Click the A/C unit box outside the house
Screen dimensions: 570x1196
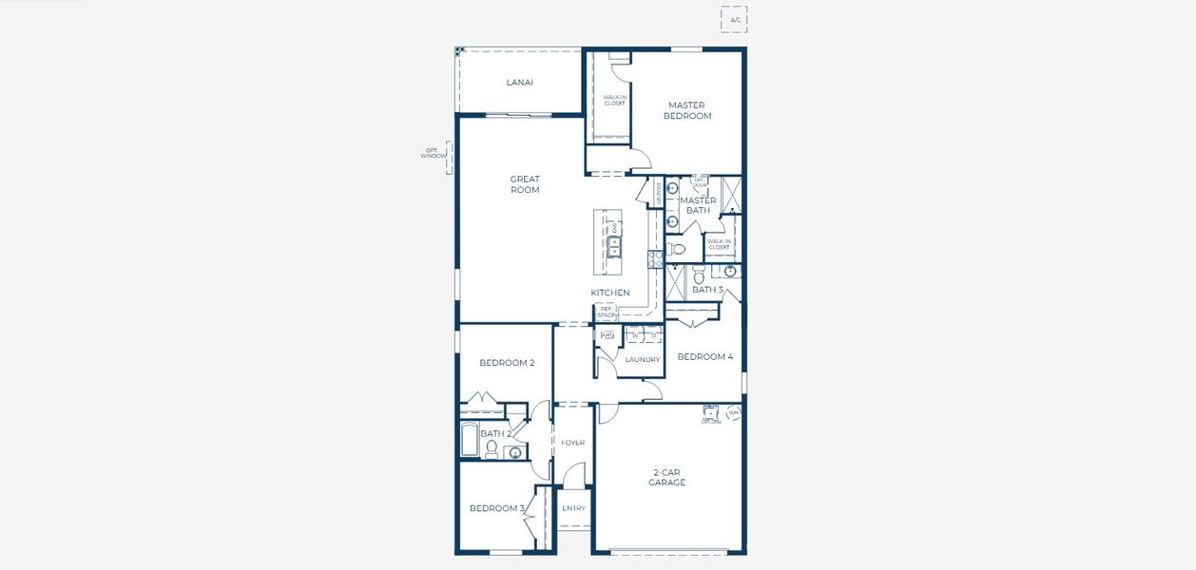coord(733,19)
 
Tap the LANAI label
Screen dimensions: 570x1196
coord(519,83)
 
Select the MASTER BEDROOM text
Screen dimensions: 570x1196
coord(686,111)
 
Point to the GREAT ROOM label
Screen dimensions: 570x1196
coord(525,184)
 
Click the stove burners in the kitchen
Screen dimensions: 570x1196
coord(654,257)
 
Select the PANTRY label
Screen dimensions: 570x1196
coord(657,193)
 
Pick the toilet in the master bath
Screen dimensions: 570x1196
coord(676,250)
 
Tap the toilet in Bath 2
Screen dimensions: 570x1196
coord(492,450)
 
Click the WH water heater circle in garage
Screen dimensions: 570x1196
coord(733,413)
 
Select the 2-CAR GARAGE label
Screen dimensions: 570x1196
coord(667,478)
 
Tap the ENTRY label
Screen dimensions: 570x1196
coord(573,508)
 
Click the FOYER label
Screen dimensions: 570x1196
coord(572,443)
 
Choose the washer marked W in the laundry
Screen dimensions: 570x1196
coord(635,335)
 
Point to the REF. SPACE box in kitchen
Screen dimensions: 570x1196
coord(606,312)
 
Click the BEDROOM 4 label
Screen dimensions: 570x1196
coord(704,357)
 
